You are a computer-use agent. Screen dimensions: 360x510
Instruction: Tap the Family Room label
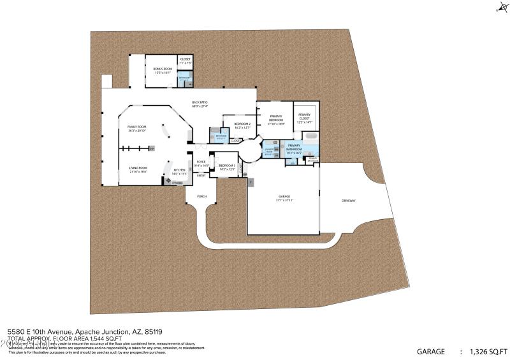(x=137, y=128)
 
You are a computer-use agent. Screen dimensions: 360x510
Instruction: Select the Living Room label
(x=138, y=169)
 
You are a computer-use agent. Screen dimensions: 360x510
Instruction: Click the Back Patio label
(x=200, y=103)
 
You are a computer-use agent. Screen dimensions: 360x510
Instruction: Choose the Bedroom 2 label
(x=242, y=125)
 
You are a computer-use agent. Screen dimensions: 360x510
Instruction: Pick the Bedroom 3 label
(x=227, y=167)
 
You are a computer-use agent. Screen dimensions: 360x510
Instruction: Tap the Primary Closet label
(x=305, y=119)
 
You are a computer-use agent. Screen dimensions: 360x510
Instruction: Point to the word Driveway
(x=348, y=200)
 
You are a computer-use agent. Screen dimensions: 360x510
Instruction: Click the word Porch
(x=201, y=196)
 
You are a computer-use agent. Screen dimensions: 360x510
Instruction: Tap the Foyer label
(x=201, y=163)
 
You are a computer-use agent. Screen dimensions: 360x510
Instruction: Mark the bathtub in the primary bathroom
(x=310, y=136)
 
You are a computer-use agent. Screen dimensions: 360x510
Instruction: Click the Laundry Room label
(x=268, y=152)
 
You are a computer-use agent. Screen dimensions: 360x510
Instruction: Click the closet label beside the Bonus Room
(x=185, y=61)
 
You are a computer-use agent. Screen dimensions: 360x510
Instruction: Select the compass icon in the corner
(x=501, y=8)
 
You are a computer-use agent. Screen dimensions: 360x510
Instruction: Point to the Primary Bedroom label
(x=276, y=119)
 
